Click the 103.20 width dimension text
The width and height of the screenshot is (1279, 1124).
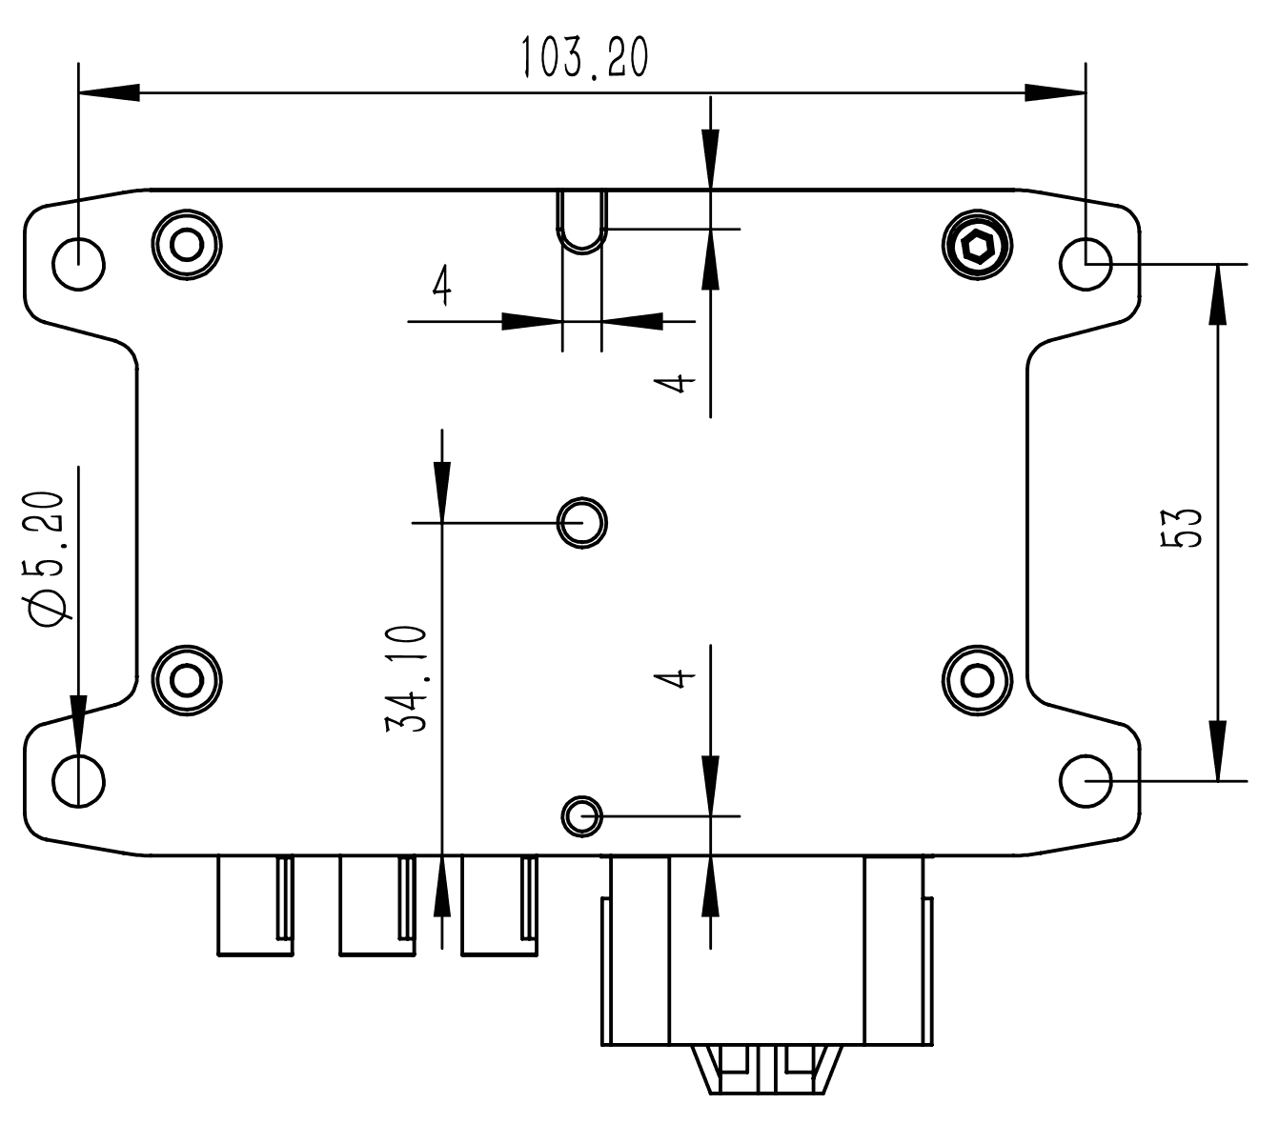583,59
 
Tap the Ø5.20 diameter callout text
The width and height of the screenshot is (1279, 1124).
48,560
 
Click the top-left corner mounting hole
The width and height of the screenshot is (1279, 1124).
78,263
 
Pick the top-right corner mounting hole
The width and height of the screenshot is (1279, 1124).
1086,263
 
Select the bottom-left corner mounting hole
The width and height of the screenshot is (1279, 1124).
78,782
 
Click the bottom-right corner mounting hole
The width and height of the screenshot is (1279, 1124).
1086,782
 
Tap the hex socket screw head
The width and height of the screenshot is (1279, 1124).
977,249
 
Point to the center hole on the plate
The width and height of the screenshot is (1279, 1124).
582,522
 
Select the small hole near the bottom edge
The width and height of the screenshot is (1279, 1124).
581,815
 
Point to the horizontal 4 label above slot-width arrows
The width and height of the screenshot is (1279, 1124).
440,285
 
